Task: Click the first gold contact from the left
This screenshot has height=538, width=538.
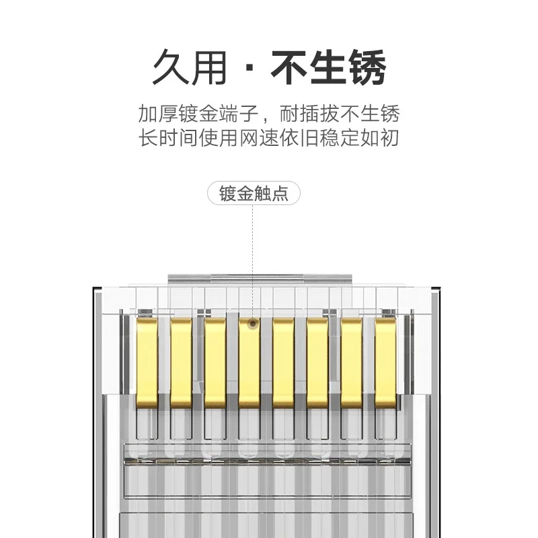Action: (147, 362)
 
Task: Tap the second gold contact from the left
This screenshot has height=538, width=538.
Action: (181, 362)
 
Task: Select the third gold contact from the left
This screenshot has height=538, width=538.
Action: (215, 362)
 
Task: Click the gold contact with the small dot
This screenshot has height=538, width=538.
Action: (249, 362)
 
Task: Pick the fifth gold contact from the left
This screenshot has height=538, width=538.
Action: (283, 362)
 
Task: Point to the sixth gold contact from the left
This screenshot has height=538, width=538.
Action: (317, 362)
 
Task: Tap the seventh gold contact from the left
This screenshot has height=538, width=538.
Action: (351, 362)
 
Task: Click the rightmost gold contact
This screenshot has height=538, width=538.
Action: (385, 362)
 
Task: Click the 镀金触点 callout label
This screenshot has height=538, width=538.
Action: (254, 194)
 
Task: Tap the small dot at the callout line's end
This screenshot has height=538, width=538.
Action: (252, 323)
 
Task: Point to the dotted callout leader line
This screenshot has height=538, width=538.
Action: (252, 262)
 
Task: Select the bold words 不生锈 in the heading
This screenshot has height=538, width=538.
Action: (328, 67)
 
